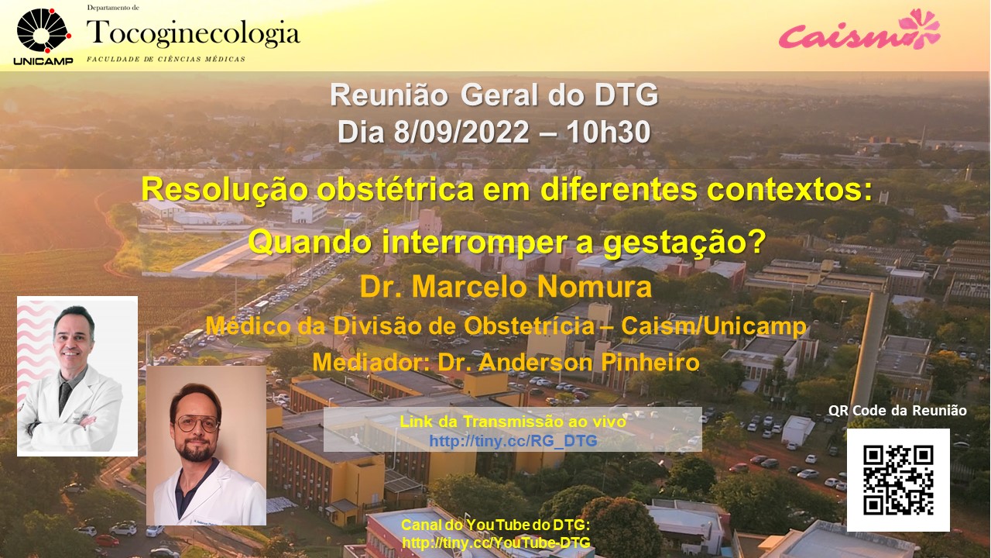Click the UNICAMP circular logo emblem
tap(43, 30)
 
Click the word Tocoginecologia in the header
tap(194, 33)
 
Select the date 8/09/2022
tap(461, 132)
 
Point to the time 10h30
tap(608, 132)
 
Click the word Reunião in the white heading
tap(389, 95)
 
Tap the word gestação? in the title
tap(684, 243)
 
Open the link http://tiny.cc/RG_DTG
tap(513, 441)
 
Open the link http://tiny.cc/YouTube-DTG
tap(496, 542)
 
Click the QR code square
tap(898, 480)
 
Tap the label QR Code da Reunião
tap(897, 411)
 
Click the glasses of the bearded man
tap(197, 424)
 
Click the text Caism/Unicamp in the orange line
tap(714, 326)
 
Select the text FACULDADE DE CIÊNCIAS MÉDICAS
tap(166, 59)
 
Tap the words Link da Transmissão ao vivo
tap(513, 421)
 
